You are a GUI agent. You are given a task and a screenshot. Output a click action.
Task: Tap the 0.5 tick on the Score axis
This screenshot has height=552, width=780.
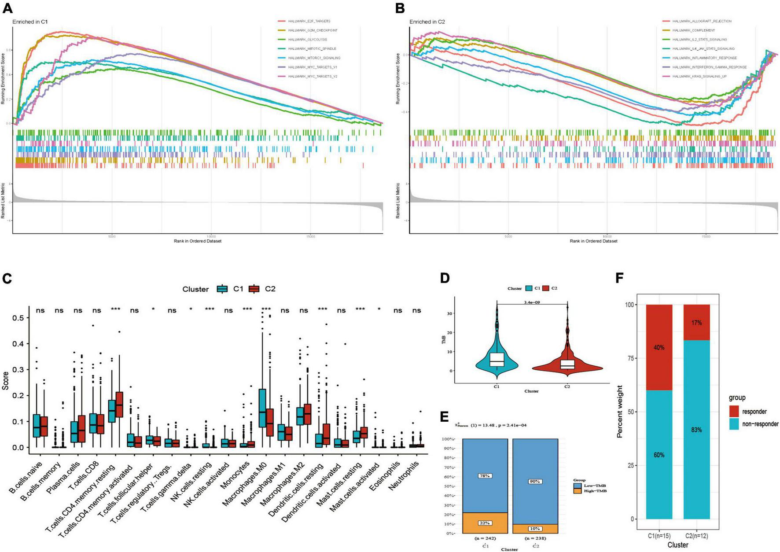[19, 317]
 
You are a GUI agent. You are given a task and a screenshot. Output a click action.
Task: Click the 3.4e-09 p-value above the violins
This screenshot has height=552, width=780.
[532, 302]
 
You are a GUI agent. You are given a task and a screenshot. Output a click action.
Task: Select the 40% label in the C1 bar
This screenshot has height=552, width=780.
[659, 348]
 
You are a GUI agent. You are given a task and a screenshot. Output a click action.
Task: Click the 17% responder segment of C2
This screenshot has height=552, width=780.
[696, 323]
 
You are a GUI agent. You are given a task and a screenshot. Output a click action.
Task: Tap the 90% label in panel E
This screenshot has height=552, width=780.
[535, 482]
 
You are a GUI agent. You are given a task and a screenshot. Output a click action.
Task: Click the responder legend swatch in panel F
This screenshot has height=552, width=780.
[734, 412]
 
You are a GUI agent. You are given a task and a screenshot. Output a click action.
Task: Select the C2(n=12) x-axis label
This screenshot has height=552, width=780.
[696, 536]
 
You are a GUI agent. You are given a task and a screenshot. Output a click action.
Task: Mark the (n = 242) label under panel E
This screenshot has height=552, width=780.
[483, 538]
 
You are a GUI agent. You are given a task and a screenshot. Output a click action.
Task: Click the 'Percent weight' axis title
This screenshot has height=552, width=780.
[620, 411]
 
